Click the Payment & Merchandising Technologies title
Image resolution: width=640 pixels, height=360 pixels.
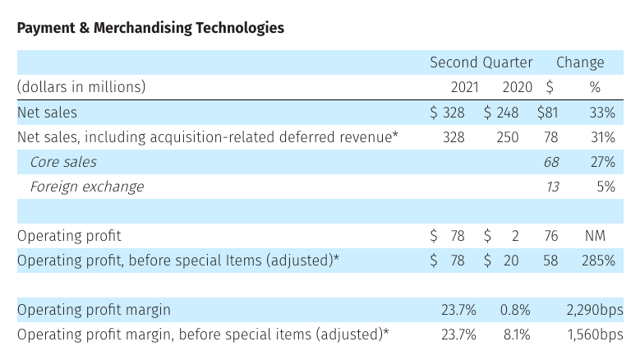coord(150,28)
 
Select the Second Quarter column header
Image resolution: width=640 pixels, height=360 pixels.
coord(481,62)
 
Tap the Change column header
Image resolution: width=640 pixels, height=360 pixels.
coord(580,62)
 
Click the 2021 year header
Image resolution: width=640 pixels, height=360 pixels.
coord(465,87)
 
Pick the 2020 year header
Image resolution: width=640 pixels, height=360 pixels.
coord(516,87)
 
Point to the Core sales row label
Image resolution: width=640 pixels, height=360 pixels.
coord(63,162)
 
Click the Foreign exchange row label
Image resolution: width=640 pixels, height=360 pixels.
coord(86,187)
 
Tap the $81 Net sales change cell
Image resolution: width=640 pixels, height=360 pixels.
coord(549,113)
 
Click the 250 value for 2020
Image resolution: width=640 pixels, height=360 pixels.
coord(508,137)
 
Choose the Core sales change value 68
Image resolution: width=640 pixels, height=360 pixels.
coord(550,162)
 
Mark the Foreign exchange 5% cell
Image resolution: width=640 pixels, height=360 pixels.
coord(606,187)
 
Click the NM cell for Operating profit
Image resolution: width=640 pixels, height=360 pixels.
coord(596,236)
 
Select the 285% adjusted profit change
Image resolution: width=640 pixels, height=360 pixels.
coord(599,261)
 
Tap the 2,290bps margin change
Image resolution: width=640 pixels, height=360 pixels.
coord(595,310)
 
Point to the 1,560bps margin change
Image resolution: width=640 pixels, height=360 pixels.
coord(595,335)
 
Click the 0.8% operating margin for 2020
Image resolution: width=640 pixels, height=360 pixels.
coord(515,310)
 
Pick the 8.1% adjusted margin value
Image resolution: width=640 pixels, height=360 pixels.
coord(516,335)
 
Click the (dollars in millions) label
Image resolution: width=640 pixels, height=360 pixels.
coord(81,87)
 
